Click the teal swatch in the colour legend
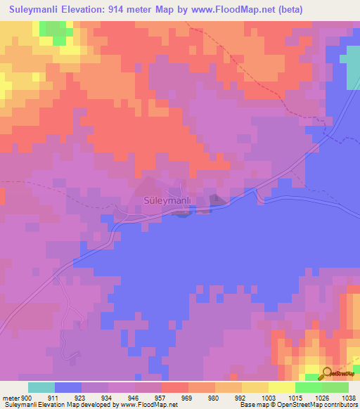[41, 387]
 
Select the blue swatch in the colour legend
[68, 387]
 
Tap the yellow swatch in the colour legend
[255, 387]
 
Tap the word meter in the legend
[12, 397]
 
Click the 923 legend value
[95, 397]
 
